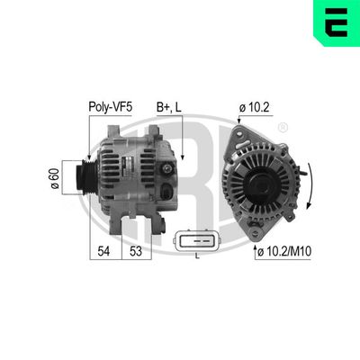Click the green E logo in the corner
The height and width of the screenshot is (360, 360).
(x=336, y=23)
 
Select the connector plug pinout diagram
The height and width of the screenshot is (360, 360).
(x=195, y=240)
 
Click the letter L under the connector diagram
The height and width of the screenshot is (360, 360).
(x=196, y=256)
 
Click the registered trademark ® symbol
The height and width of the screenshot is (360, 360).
(x=283, y=129)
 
